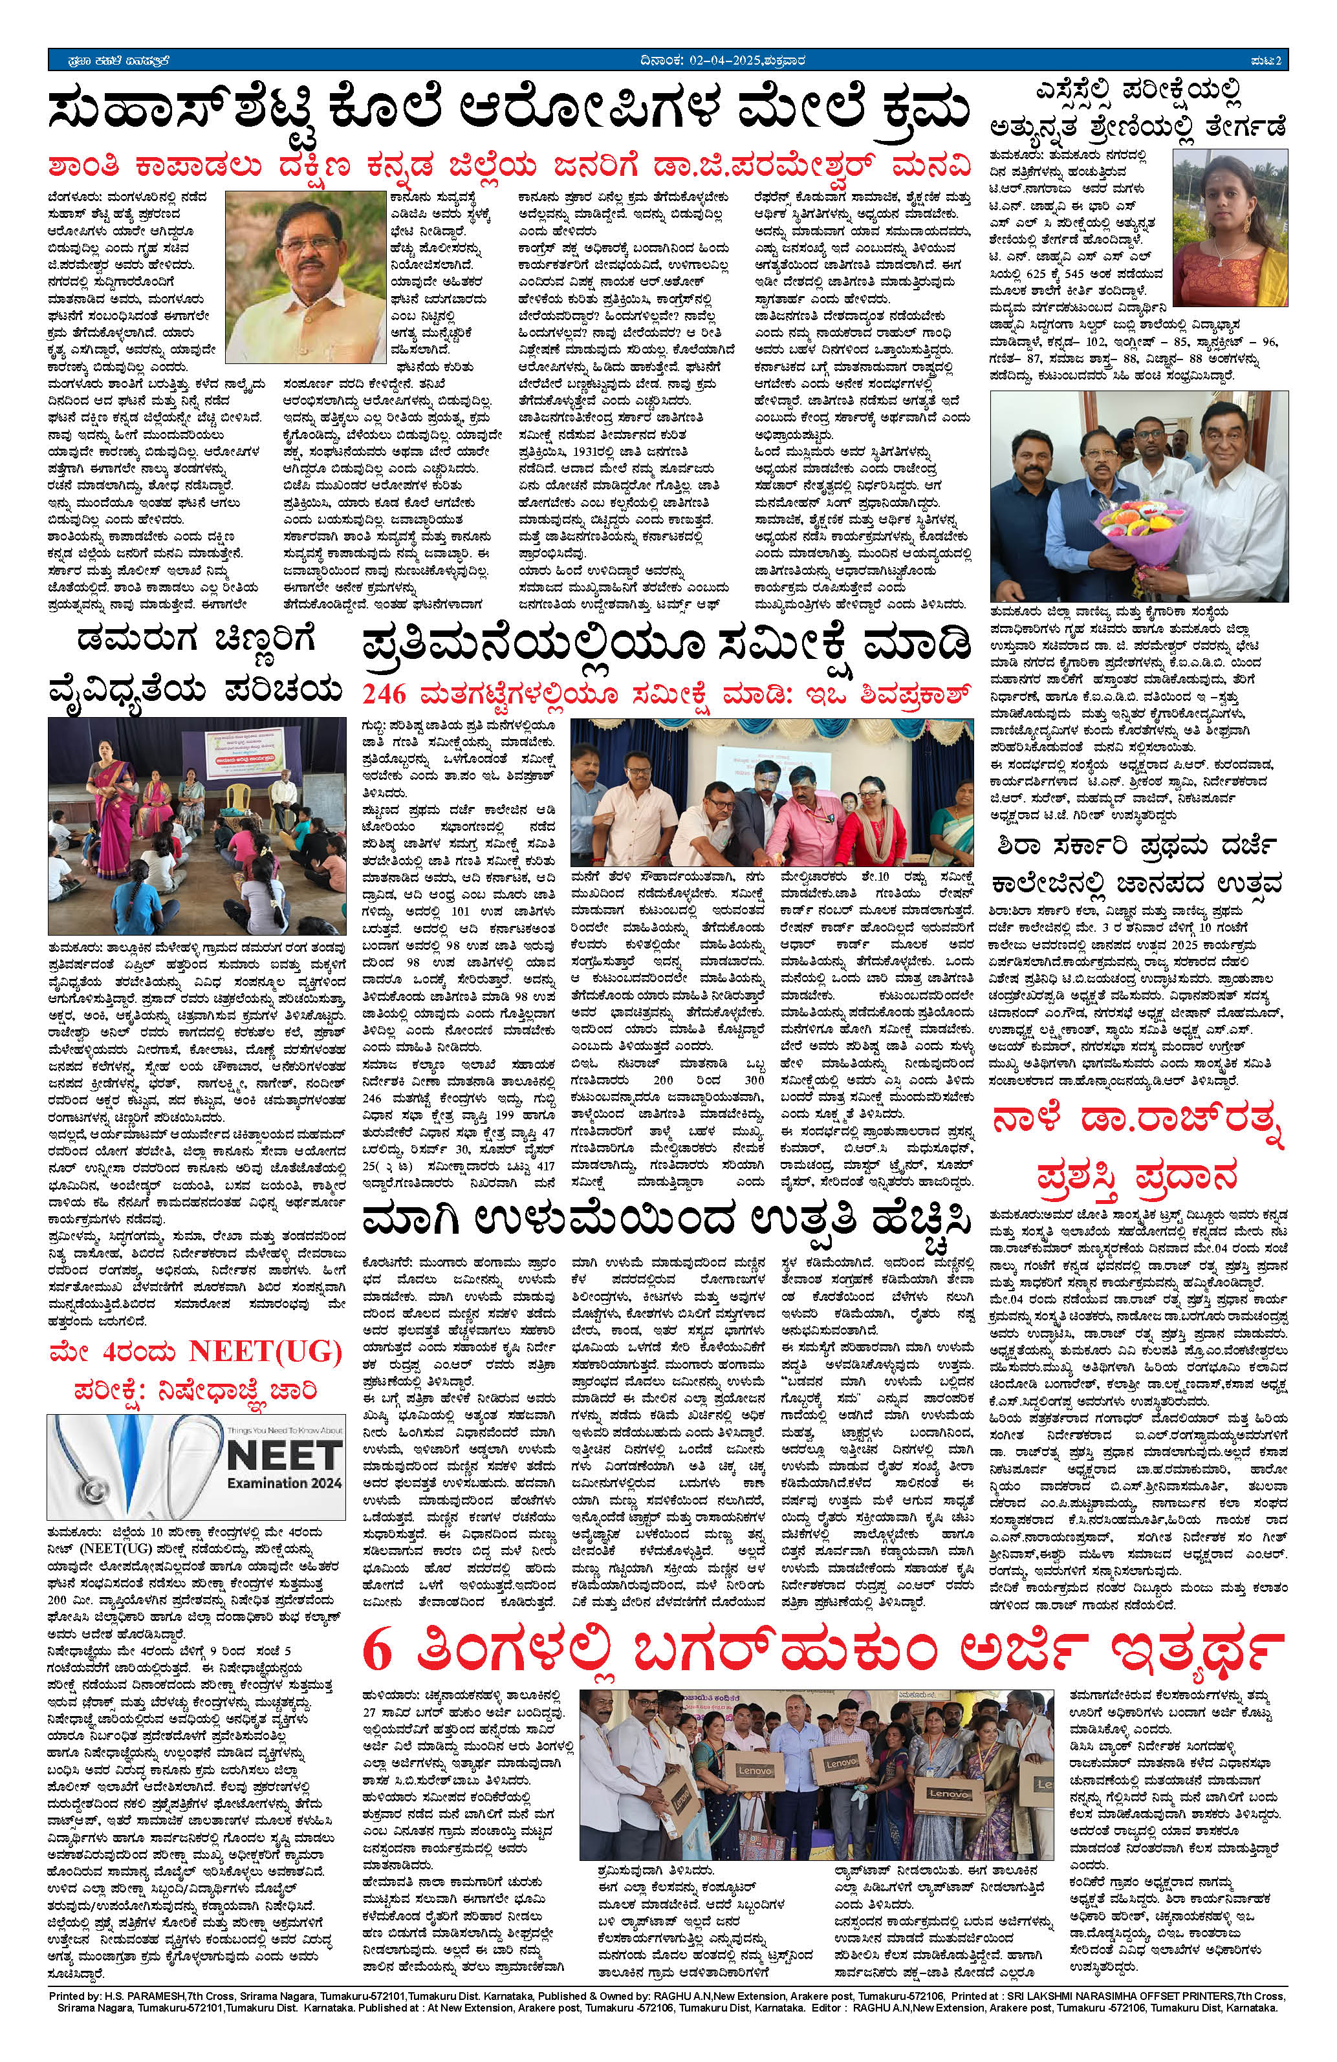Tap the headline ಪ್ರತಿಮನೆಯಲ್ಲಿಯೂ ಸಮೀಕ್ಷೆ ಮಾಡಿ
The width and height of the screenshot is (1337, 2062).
[x=666, y=647]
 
